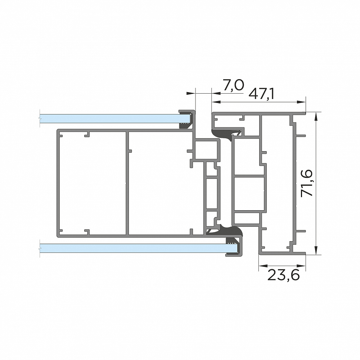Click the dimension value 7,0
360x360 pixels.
point(233,85)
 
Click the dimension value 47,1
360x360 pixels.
point(261,94)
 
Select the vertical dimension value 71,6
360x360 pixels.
point(307,183)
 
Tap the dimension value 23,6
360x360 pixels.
point(284,275)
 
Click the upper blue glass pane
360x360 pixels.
point(115,118)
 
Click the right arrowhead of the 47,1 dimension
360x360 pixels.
point(301,102)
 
